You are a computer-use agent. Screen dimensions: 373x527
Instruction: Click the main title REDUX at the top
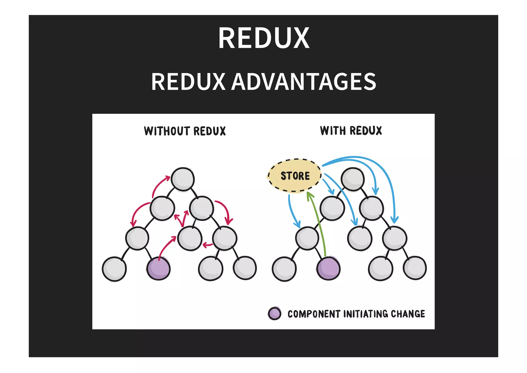click(264, 38)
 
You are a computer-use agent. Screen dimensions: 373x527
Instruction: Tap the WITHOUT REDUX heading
click(185, 131)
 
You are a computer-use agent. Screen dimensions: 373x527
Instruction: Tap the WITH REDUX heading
click(351, 131)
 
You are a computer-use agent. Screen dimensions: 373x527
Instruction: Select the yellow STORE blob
click(295, 176)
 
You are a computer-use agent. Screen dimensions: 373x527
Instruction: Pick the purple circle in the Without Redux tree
click(158, 268)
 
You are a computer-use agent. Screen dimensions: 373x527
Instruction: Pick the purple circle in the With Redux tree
click(328, 268)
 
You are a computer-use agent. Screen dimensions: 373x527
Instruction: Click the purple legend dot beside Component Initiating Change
click(274, 313)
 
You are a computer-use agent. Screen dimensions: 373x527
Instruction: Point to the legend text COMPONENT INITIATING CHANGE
click(356, 314)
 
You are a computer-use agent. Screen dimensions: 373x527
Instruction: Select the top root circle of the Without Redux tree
click(183, 179)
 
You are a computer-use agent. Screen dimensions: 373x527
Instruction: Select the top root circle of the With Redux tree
click(353, 179)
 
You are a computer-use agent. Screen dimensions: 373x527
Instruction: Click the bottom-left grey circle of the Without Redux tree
click(114, 269)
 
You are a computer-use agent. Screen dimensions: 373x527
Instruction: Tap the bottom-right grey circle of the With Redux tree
click(415, 268)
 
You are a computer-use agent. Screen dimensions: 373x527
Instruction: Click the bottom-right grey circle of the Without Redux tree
click(245, 268)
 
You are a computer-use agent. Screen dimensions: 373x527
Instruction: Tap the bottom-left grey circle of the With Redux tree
click(284, 269)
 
